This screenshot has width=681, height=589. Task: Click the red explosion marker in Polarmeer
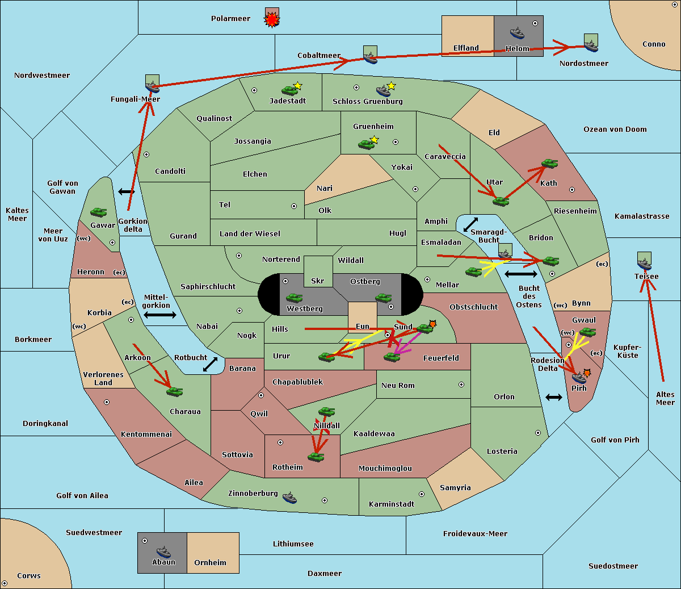pyautogui.click(x=272, y=20)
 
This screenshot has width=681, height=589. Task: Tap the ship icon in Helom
pyautogui.click(x=517, y=33)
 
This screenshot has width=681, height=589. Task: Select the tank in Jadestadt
pyautogui.click(x=289, y=90)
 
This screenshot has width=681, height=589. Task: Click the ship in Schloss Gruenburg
pyautogui.click(x=383, y=90)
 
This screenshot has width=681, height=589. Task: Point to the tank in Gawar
pyautogui.click(x=99, y=212)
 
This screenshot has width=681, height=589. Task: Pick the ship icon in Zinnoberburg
pyautogui.click(x=289, y=498)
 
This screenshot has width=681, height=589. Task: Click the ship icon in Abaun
pyautogui.click(x=163, y=552)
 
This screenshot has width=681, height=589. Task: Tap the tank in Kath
pyautogui.click(x=549, y=163)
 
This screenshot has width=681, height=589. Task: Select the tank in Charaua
pyautogui.click(x=174, y=391)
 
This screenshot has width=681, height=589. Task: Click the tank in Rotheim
pyautogui.click(x=316, y=457)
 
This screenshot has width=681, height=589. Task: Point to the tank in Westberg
pyautogui.click(x=294, y=298)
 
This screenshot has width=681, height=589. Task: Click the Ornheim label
pyautogui.click(x=210, y=562)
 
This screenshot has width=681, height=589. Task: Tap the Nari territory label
pyautogui.click(x=325, y=189)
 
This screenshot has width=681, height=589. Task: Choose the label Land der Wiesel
pyautogui.click(x=250, y=234)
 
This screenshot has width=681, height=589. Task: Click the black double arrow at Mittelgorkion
pyautogui.click(x=160, y=315)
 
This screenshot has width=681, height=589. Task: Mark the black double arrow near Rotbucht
pyautogui.click(x=210, y=364)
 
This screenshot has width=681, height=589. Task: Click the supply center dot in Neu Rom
pyautogui.click(x=461, y=385)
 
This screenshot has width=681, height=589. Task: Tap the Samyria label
pyautogui.click(x=455, y=487)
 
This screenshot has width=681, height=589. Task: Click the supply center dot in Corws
pyautogui.click(x=5, y=583)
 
